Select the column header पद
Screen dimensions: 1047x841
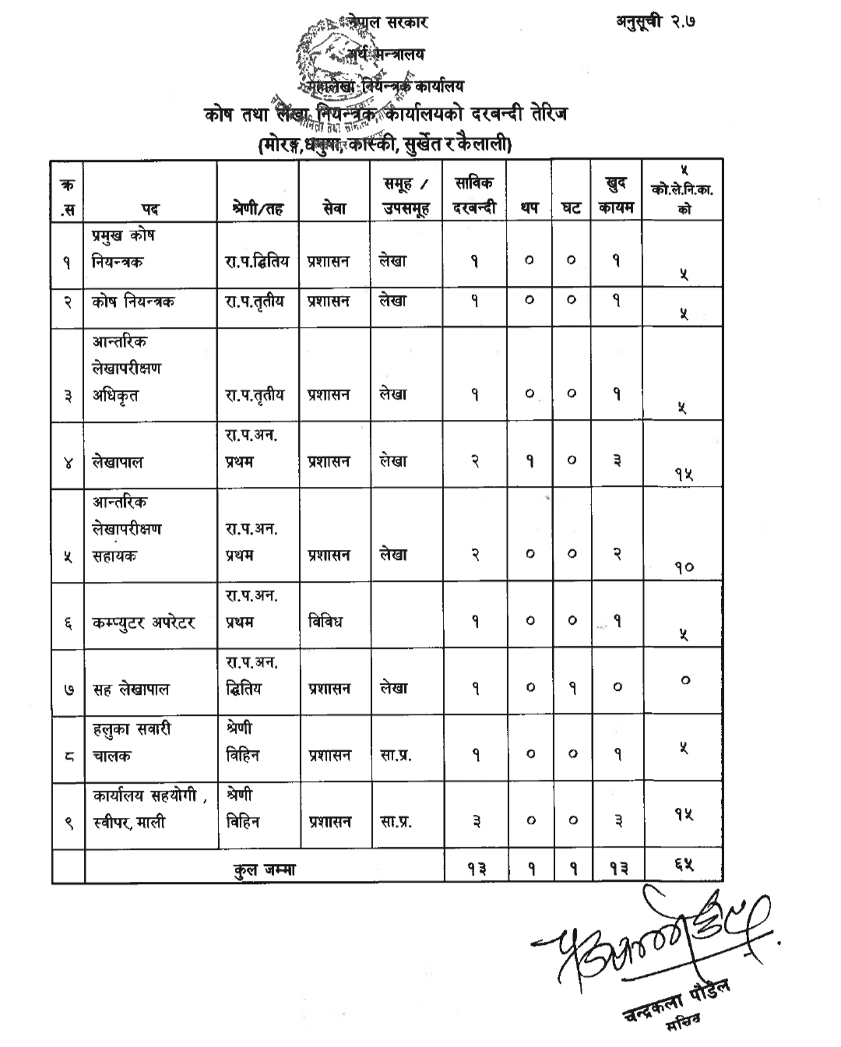[x=150, y=209]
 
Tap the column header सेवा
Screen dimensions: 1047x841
[x=334, y=209]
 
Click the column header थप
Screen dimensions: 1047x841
[x=529, y=209]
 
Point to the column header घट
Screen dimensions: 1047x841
[x=571, y=209]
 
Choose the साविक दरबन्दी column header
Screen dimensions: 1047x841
[x=474, y=196]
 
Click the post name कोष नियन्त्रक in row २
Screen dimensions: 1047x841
[x=132, y=301]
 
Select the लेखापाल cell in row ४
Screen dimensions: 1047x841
[x=118, y=461]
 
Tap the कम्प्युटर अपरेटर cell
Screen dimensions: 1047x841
[x=143, y=622]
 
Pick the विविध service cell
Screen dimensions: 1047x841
[x=325, y=622]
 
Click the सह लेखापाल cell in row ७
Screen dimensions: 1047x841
[x=131, y=689]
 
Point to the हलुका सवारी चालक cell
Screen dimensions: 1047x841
[x=132, y=742]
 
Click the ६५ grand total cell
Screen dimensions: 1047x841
[x=683, y=865]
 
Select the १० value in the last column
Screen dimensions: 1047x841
[x=683, y=567]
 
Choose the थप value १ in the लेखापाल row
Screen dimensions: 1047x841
[x=530, y=461]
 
